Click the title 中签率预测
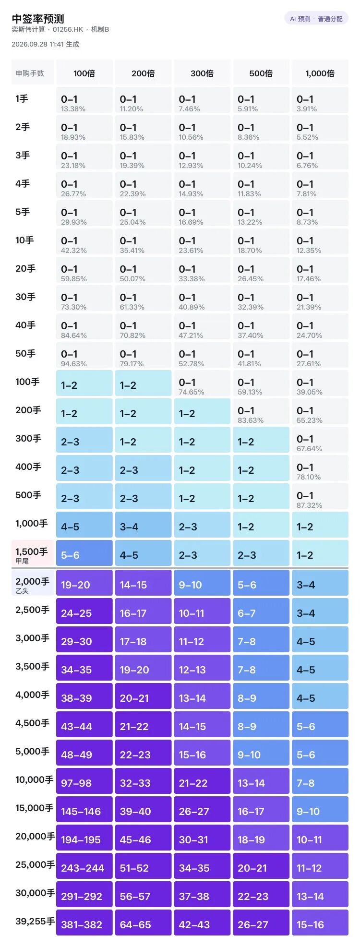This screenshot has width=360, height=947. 38,19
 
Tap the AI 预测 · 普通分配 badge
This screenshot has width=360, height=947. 316,19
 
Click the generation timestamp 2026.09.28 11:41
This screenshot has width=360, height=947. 37,44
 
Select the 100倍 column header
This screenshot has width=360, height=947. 84,73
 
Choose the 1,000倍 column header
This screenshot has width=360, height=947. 320,73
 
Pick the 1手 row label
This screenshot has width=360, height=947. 22,99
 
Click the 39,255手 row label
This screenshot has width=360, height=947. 35,921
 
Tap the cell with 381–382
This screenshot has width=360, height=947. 84,923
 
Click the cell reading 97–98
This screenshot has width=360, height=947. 84,781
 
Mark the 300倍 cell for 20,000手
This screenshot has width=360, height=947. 202,838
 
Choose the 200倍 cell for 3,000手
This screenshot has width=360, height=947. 143,639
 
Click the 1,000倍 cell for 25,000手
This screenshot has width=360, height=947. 320,866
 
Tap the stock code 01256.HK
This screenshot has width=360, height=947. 68,29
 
